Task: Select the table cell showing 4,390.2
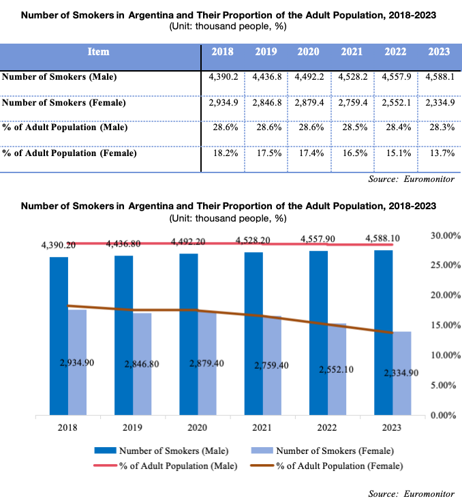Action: [223, 77]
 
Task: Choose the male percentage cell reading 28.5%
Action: [353, 127]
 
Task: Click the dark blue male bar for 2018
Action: [59, 334]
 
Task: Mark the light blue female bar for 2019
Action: [142, 364]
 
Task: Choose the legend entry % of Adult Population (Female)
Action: [339, 466]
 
